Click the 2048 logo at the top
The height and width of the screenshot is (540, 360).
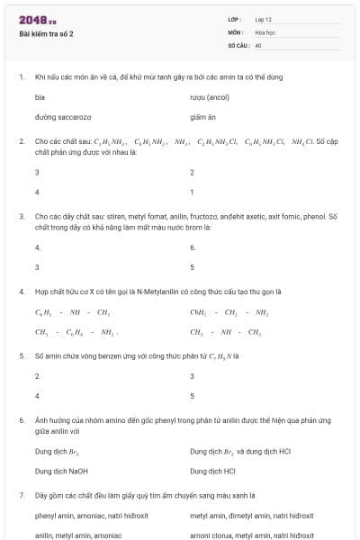pyautogui.click(x=37, y=20)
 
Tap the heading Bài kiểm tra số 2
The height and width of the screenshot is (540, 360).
pyautogui.click(x=46, y=34)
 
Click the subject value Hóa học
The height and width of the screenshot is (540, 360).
pyautogui.click(x=265, y=31)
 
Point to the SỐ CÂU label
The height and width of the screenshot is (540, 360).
pyautogui.click(x=238, y=44)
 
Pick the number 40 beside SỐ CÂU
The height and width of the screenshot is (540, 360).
pyautogui.click(x=258, y=44)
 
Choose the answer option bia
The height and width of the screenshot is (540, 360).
pyautogui.click(x=40, y=95)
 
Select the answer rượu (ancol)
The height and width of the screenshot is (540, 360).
pyautogui.click(x=211, y=95)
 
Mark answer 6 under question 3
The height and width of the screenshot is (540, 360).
pyautogui.click(x=193, y=247)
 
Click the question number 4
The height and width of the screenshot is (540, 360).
pyautogui.click(x=22, y=292)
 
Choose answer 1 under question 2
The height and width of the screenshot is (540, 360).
pyautogui.click(x=192, y=192)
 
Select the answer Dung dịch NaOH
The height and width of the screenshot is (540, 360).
pyautogui.click(x=61, y=470)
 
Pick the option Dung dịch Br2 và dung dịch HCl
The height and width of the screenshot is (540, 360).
pyautogui.click(x=240, y=450)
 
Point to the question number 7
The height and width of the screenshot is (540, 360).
pyautogui.click(x=22, y=495)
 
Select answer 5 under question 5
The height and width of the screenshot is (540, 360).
pyautogui.click(x=193, y=395)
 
